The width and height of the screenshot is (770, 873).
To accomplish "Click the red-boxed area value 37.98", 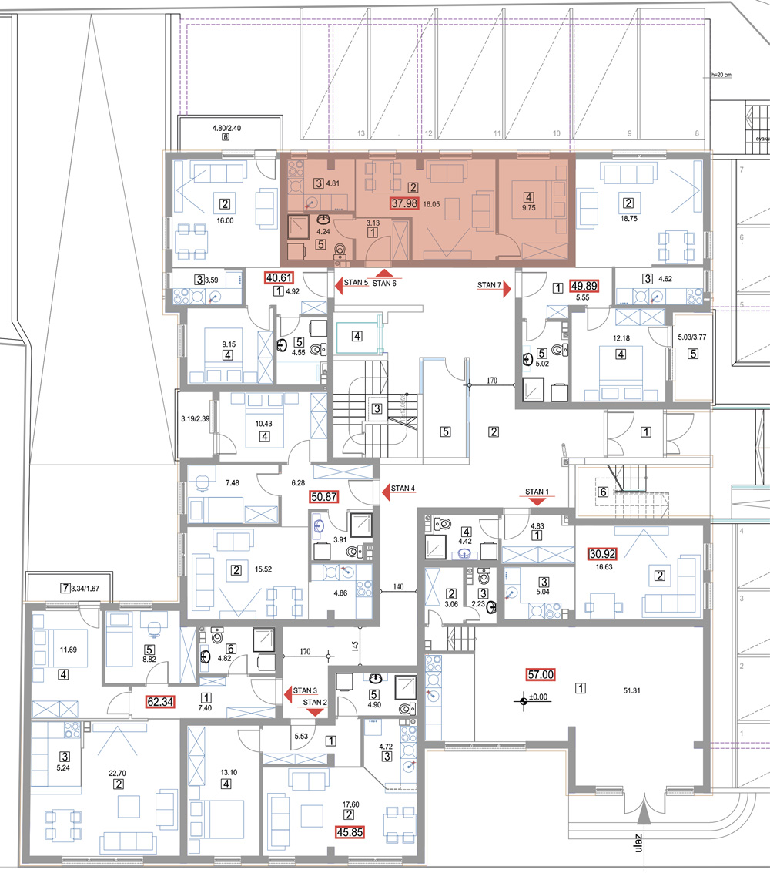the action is point(404,203).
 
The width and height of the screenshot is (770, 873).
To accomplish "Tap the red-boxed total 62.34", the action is point(160,702).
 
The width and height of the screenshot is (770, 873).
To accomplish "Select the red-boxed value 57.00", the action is point(541,675).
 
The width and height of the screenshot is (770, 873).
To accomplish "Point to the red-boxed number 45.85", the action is point(350,832).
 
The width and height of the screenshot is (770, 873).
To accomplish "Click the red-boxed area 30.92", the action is point(603,554).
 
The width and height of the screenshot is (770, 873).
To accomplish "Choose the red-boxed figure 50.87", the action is point(324,497).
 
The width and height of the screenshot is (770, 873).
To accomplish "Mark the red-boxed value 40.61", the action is point(280,278).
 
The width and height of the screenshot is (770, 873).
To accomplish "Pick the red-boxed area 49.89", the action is point(584,286).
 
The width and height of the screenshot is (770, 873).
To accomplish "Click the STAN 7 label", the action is point(489,285).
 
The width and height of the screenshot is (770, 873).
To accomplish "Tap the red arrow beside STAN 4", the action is point(386,492).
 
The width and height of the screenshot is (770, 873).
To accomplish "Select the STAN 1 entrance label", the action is point(537,492).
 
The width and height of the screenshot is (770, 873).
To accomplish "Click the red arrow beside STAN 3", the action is point(288,694).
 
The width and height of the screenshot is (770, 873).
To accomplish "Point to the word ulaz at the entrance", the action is point(638,843).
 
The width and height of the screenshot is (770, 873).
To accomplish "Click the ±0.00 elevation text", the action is point(538,697).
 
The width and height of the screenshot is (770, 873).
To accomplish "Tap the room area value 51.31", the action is point(631,690).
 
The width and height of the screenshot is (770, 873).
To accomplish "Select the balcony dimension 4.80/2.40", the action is point(226,128).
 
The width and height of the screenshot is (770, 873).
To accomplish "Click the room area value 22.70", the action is point(117,774).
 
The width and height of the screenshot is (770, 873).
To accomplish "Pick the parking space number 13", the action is point(361,133).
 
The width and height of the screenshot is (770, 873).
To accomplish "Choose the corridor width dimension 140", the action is point(398,587).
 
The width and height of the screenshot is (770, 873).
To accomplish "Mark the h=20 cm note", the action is point(721,75).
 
